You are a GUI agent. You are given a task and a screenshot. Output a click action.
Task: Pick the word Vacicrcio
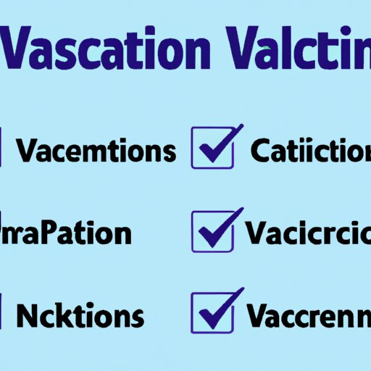point(308,233)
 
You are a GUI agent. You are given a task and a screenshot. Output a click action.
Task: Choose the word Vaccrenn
point(309,316)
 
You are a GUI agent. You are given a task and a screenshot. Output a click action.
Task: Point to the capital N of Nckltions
point(30,316)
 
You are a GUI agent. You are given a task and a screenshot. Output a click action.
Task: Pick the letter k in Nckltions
point(64,316)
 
